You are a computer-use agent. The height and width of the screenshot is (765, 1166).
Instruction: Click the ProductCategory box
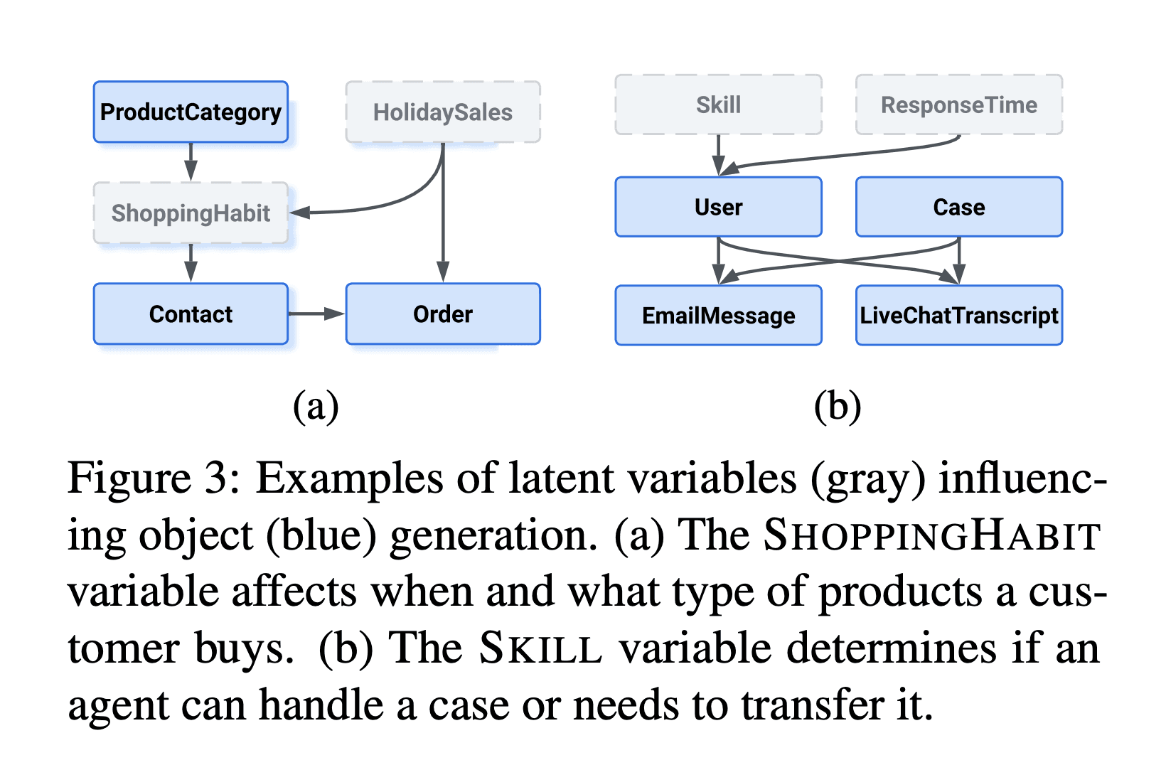click(x=191, y=112)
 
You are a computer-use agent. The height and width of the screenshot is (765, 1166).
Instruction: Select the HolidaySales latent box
click(x=443, y=112)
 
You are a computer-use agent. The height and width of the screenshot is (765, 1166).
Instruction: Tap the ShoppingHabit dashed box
click(x=191, y=213)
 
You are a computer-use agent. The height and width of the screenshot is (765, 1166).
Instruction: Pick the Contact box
click(x=191, y=314)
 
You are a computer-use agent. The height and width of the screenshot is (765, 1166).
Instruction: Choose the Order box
click(x=443, y=314)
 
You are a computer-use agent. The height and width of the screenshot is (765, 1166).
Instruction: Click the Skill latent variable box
click(x=718, y=105)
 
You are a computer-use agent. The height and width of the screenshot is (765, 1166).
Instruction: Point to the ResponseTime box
click(x=958, y=105)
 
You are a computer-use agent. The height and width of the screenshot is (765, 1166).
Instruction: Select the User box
click(x=718, y=207)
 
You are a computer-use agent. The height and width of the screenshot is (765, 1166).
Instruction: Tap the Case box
click(x=958, y=207)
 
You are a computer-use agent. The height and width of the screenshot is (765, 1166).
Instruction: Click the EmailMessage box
click(x=718, y=316)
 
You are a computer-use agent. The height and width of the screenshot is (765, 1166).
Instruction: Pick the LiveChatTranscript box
click(x=958, y=316)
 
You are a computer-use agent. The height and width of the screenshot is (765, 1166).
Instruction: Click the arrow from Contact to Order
click(x=316, y=314)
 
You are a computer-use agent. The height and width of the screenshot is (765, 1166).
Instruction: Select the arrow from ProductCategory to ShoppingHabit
click(x=191, y=162)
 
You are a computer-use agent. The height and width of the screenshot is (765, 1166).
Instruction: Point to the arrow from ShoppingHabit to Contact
click(x=191, y=263)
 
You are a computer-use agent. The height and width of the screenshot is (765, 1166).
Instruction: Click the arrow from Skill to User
click(x=718, y=155)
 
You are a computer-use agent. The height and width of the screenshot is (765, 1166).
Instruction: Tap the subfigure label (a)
click(x=316, y=407)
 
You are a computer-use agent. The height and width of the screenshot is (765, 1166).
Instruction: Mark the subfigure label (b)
click(x=838, y=407)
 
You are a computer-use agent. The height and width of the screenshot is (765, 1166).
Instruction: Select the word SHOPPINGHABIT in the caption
click(x=932, y=535)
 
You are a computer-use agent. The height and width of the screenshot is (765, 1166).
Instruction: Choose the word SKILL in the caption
click(x=540, y=648)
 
